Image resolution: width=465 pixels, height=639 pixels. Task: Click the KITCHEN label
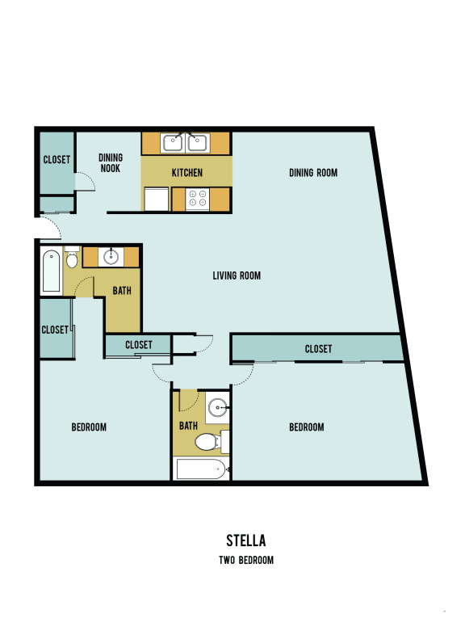click(186, 173)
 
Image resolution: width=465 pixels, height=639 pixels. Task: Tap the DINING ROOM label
click(312, 172)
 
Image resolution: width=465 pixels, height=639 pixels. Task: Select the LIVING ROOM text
click(237, 275)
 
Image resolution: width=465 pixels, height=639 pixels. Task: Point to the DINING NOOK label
click(111, 163)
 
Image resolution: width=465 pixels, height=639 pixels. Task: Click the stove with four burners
click(198, 199)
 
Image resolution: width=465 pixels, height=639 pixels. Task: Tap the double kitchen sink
click(186, 144)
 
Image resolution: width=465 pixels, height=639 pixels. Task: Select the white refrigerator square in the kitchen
click(157, 199)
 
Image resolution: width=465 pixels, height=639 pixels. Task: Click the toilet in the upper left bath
click(72, 259)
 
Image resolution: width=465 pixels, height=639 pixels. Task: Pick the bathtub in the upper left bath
click(51, 271)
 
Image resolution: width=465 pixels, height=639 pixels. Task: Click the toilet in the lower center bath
click(209, 441)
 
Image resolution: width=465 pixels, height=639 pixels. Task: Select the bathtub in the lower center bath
click(201, 469)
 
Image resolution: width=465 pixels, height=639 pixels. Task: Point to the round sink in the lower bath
click(216, 406)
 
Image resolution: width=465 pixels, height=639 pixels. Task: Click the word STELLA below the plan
click(246, 540)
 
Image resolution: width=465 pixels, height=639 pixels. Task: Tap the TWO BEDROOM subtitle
click(246, 560)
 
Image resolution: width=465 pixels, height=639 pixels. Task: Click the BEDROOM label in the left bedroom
click(89, 427)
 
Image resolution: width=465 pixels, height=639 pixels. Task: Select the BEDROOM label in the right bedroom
click(307, 427)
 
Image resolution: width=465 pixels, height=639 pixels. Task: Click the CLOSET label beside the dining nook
click(56, 160)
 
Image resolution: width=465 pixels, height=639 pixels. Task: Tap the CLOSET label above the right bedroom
click(318, 349)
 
